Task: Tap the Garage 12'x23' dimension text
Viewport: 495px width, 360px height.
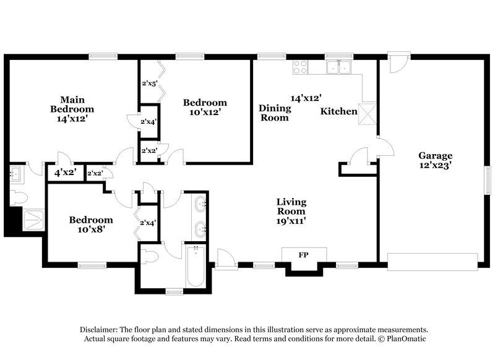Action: (436, 166)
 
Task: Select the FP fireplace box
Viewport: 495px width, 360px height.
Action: (303, 255)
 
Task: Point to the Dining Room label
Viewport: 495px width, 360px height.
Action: (274, 113)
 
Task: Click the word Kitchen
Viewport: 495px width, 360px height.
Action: (338, 112)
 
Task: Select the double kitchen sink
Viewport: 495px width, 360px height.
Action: (338, 67)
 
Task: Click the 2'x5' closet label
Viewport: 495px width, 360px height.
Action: (149, 83)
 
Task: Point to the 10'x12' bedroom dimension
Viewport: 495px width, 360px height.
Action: (205, 113)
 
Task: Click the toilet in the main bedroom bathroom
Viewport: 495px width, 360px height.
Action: (18, 197)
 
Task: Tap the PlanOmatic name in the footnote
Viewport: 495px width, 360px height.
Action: (406, 339)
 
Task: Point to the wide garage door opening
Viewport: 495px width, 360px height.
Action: (433, 261)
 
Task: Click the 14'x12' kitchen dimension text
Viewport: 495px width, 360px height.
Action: (306, 98)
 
